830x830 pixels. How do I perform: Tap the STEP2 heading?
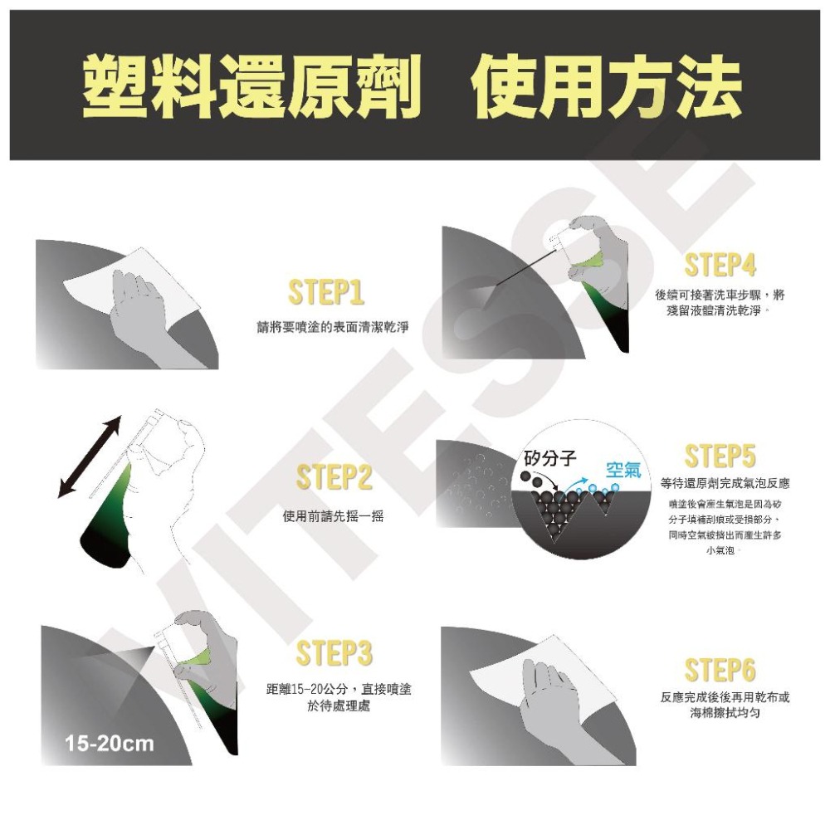click(334, 478)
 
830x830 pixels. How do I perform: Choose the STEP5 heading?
click(720, 456)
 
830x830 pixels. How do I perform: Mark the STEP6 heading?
click(720, 670)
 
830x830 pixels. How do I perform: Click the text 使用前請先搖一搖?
click(333, 516)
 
